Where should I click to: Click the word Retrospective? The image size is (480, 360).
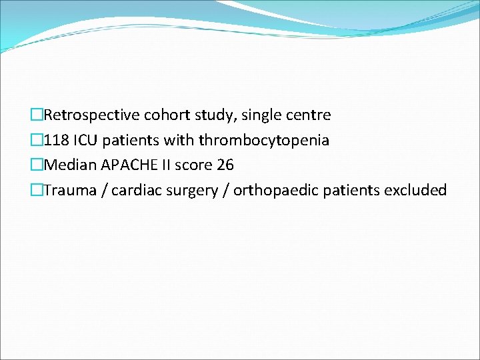point(91,115)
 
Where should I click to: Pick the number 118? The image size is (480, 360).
point(56,141)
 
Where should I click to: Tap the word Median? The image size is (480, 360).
point(69,165)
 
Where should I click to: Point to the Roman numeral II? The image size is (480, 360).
point(164,165)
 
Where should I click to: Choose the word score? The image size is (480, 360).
point(193,165)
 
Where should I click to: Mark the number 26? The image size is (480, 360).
point(225,165)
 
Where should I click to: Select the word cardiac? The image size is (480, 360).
point(135,191)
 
